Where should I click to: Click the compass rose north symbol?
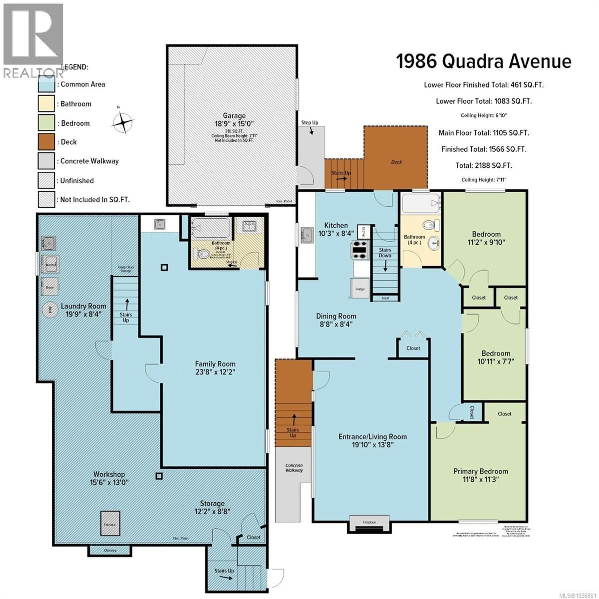point(123,123)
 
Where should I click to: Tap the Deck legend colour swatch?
point(46,142)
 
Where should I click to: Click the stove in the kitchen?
point(360,250)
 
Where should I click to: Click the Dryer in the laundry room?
point(50,287)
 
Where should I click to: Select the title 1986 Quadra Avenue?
point(484,61)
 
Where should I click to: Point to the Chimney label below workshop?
point(110,550)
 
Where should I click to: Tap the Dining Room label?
point(336,316)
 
